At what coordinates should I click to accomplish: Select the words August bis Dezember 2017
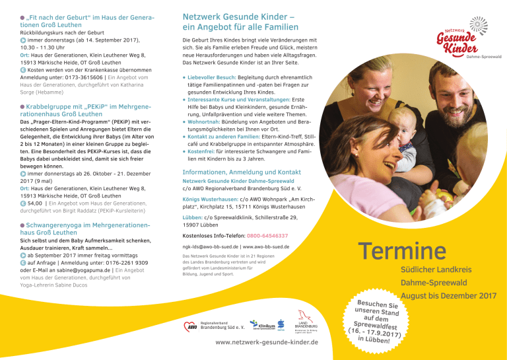tap(448, 295)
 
